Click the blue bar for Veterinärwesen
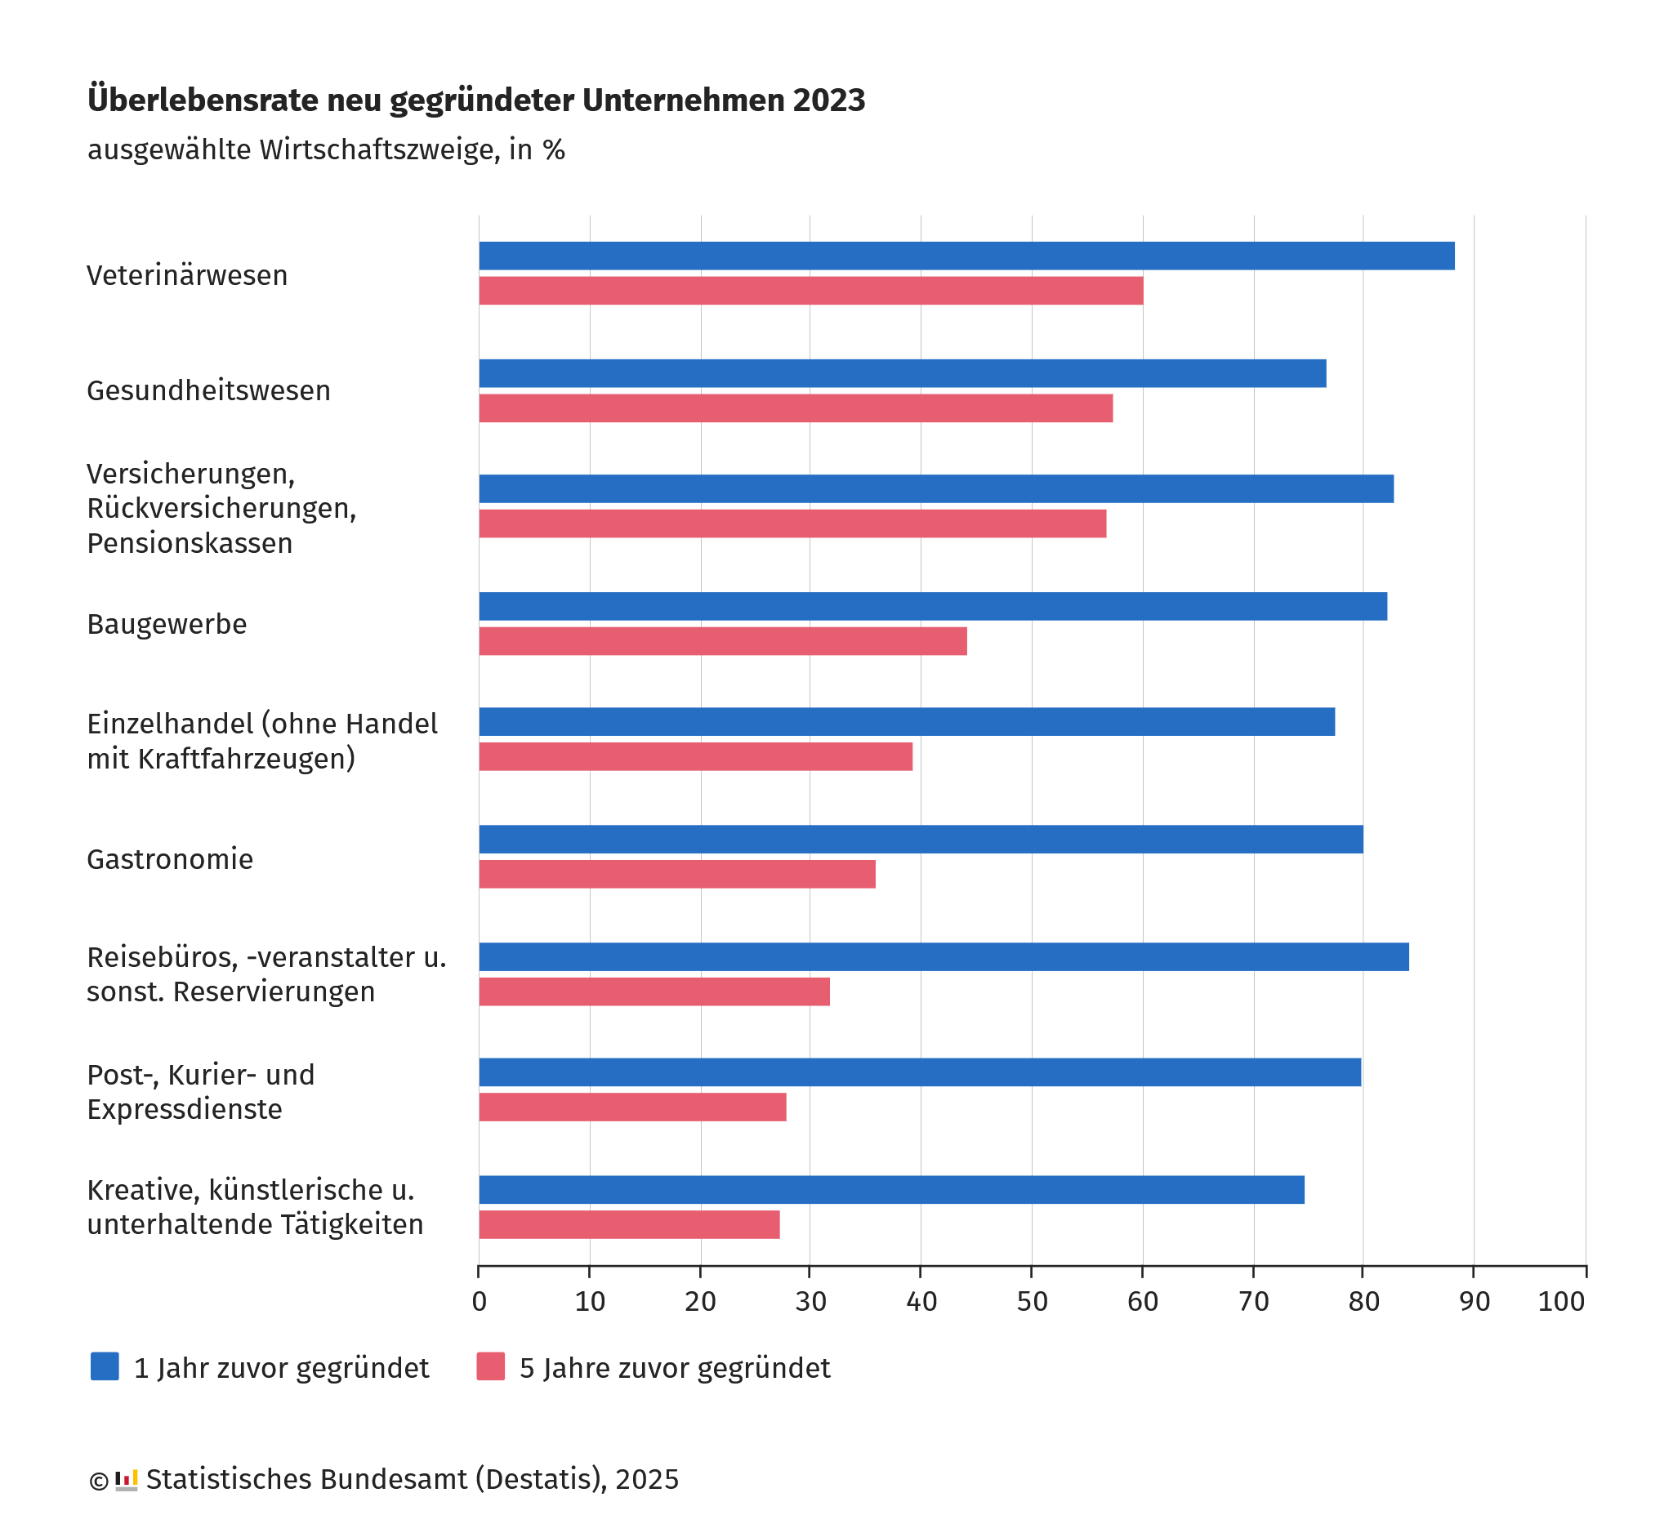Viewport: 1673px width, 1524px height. point(966,256)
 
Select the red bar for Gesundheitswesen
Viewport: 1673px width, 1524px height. point(795,408)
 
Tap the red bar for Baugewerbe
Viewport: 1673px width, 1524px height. point(722,641)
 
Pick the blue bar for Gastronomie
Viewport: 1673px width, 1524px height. point(921,839)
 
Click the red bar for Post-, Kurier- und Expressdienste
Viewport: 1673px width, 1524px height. point(631,1107)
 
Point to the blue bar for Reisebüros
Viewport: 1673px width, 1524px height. point(943,956)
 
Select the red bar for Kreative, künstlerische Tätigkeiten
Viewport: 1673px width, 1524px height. point(628,1224)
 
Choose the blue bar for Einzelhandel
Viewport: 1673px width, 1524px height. point(906,722)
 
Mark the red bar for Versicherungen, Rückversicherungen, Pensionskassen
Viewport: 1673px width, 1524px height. point(792,524)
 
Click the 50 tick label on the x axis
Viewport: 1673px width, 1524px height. point(1032,1301)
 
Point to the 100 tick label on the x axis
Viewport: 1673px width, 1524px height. point(1561,1301)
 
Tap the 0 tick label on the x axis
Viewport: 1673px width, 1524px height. point(479,1301)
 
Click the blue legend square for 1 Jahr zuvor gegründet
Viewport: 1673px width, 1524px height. point(105,1366)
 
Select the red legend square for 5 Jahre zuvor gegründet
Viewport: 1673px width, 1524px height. point(490,1366)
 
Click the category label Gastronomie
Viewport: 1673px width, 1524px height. point(170,858)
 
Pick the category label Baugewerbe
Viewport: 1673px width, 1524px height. point(167,624)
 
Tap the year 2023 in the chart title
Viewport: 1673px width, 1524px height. point(828,100)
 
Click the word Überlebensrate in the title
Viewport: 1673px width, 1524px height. point(203,100)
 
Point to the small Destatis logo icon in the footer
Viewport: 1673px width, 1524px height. point(126,1480)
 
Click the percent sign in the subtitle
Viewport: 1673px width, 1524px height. point(554,150)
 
